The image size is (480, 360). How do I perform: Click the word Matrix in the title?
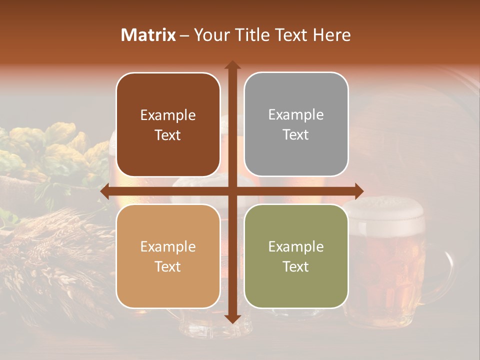click(148, 35)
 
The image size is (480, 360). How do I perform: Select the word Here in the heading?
click(332, 35)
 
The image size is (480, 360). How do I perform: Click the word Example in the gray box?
click(296, 115)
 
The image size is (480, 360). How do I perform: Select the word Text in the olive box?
click(296, 267)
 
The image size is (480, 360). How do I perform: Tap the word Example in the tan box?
click(168, 247)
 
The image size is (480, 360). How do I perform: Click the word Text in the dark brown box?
click(168, 135)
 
